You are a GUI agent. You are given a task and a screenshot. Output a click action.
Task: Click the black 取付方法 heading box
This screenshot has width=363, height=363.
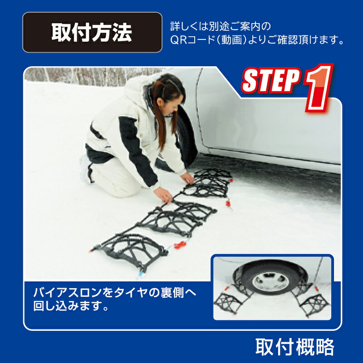tap(92, 32)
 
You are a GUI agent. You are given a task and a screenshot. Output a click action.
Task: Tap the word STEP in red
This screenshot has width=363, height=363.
tap(270, 82)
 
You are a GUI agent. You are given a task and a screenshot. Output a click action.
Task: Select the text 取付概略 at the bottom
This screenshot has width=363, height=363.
tap(294, 347)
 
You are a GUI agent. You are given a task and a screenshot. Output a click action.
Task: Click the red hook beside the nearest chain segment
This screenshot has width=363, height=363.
tap(180, 245)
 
